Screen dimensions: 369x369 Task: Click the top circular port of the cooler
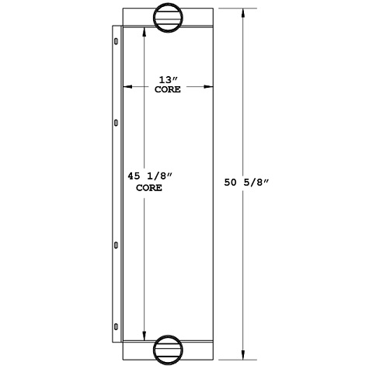tap(169, 18)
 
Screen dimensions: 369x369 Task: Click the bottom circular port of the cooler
tap(169, 349)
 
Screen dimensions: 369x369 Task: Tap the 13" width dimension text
tap(168, 78)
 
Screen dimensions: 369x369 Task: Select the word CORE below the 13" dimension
tap(168, 90)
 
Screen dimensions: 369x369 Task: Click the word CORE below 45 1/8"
tap(149, 188)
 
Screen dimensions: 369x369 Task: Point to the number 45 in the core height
tap(134, 177)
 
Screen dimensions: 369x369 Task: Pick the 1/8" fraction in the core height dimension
tap(158, 177)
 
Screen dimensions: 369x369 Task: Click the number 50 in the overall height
tap(231, 183)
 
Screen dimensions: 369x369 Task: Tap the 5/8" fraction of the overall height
tap(256, 183)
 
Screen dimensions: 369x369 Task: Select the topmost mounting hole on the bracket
tap(117, 40)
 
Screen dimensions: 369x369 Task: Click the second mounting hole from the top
tap(117, 122)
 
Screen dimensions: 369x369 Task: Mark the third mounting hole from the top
tap(117, 245)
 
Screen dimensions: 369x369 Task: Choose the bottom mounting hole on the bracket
tap(117, 326)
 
